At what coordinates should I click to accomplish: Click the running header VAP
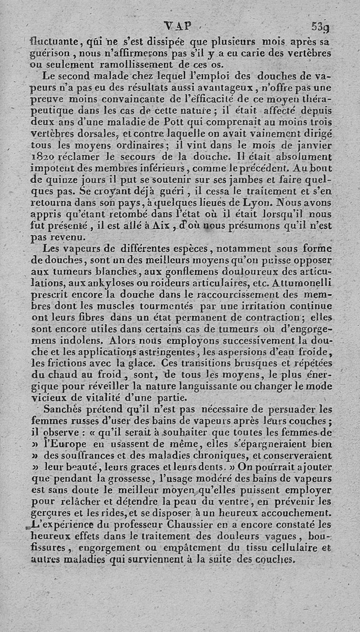[x=178, y=27]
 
